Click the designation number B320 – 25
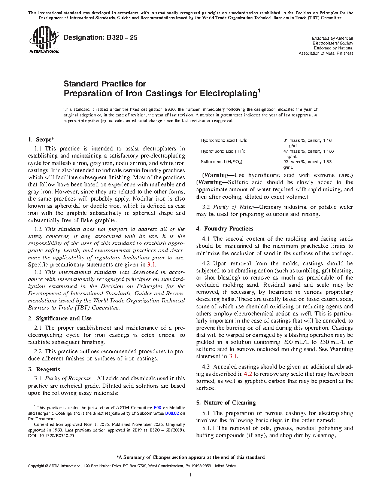tap(100, 37)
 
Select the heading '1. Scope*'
tap(41, 140)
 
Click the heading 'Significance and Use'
tap(64, 318)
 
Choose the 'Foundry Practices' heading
tap(228, 229)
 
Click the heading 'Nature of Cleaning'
tap(230, 403)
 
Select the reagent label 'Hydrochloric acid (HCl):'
tap(224, 140)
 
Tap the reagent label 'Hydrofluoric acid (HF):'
tap(222, 151)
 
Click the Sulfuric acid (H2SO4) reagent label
tap(222, 162)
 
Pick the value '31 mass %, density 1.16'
tap(307, 140)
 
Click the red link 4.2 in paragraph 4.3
tap(248, 374)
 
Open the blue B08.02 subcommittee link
tap(172, 413)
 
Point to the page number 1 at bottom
tap(191, 475)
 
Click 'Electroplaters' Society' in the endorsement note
tap(333, 43)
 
